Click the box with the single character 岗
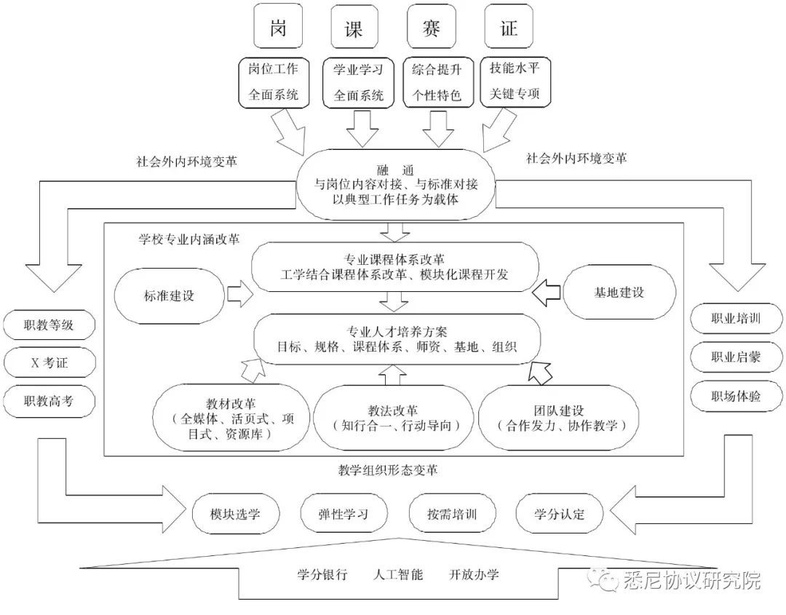277,28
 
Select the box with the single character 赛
431,28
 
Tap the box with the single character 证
508,28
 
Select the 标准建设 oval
170,295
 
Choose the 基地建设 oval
619,293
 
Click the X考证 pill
49,362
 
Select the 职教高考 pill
49,400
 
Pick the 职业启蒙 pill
736,357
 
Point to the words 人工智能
397,574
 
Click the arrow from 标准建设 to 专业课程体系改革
237,295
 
